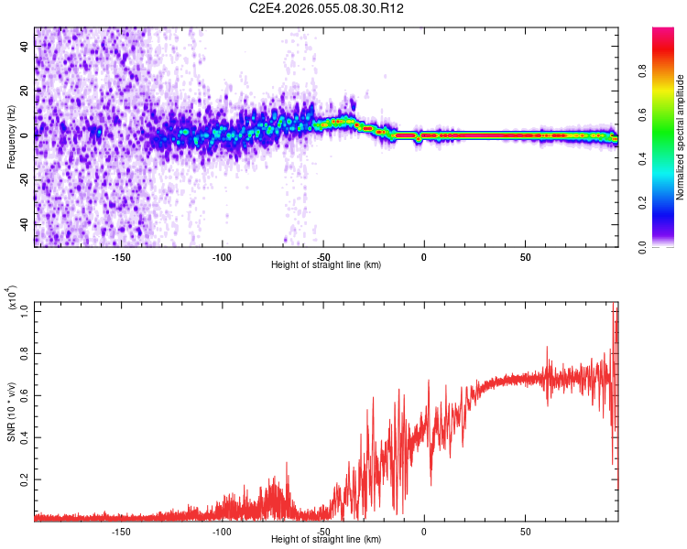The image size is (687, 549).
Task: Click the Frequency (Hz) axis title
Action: pyautogui.click(x=11, y=137)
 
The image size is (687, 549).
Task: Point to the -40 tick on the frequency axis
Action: pyautogui.click(x=25, y=224)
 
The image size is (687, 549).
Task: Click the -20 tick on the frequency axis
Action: pyautogui.click(x=25, y=180)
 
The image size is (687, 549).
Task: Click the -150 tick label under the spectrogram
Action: pyautogui.click(x=121, y=257)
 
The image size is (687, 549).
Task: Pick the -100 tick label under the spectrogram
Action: pyautogui.click(x=222, y=257)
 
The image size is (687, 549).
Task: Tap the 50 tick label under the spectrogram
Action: pyautogui.click(x=525, y=257)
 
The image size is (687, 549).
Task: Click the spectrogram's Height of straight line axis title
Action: pyautogui.click(x=326, y=264)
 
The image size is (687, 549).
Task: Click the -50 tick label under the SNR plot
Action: pyautogui.click(x=322, y=531)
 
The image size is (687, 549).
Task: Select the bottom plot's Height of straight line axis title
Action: pyautogui.click(x=326, y=539)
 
